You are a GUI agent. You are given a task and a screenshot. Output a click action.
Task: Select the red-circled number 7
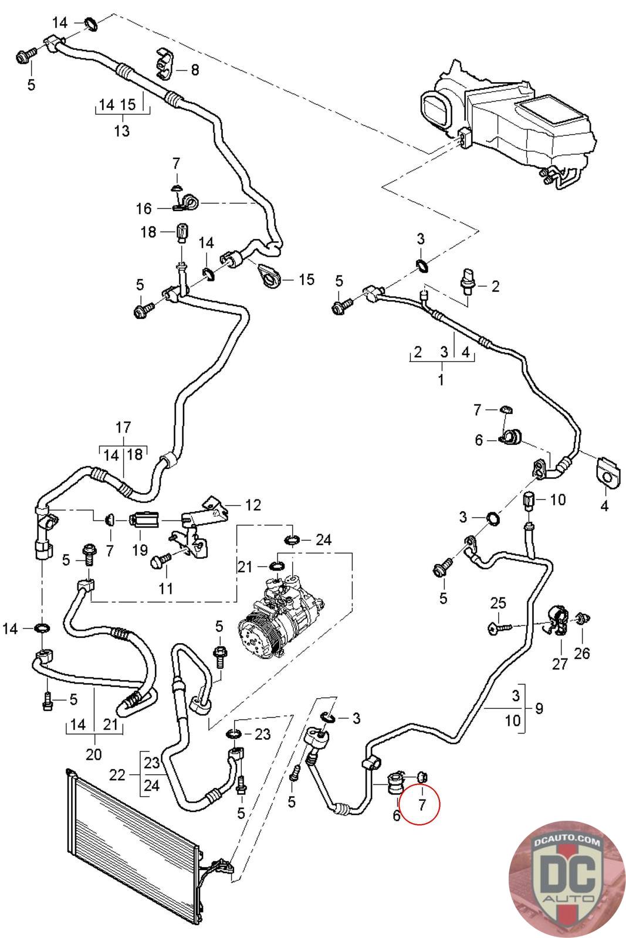coord(421,804)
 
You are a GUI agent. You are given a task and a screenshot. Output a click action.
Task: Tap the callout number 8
coord(195,70)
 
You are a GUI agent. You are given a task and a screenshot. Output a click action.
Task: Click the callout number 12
coord(253,505)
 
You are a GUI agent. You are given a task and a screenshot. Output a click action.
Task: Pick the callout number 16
coord(143,209)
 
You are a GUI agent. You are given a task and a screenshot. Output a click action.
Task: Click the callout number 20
coord(94,754)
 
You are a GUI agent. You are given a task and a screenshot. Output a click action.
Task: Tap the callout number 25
coord(498,603)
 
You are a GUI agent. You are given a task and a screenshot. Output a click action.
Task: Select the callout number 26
coord(582,653)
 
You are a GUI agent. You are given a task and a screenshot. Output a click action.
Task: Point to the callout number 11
coord(166,588)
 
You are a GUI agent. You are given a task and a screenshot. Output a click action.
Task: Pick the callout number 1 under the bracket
coord(441,379)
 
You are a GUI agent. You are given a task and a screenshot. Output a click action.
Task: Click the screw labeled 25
coord(500,628)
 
